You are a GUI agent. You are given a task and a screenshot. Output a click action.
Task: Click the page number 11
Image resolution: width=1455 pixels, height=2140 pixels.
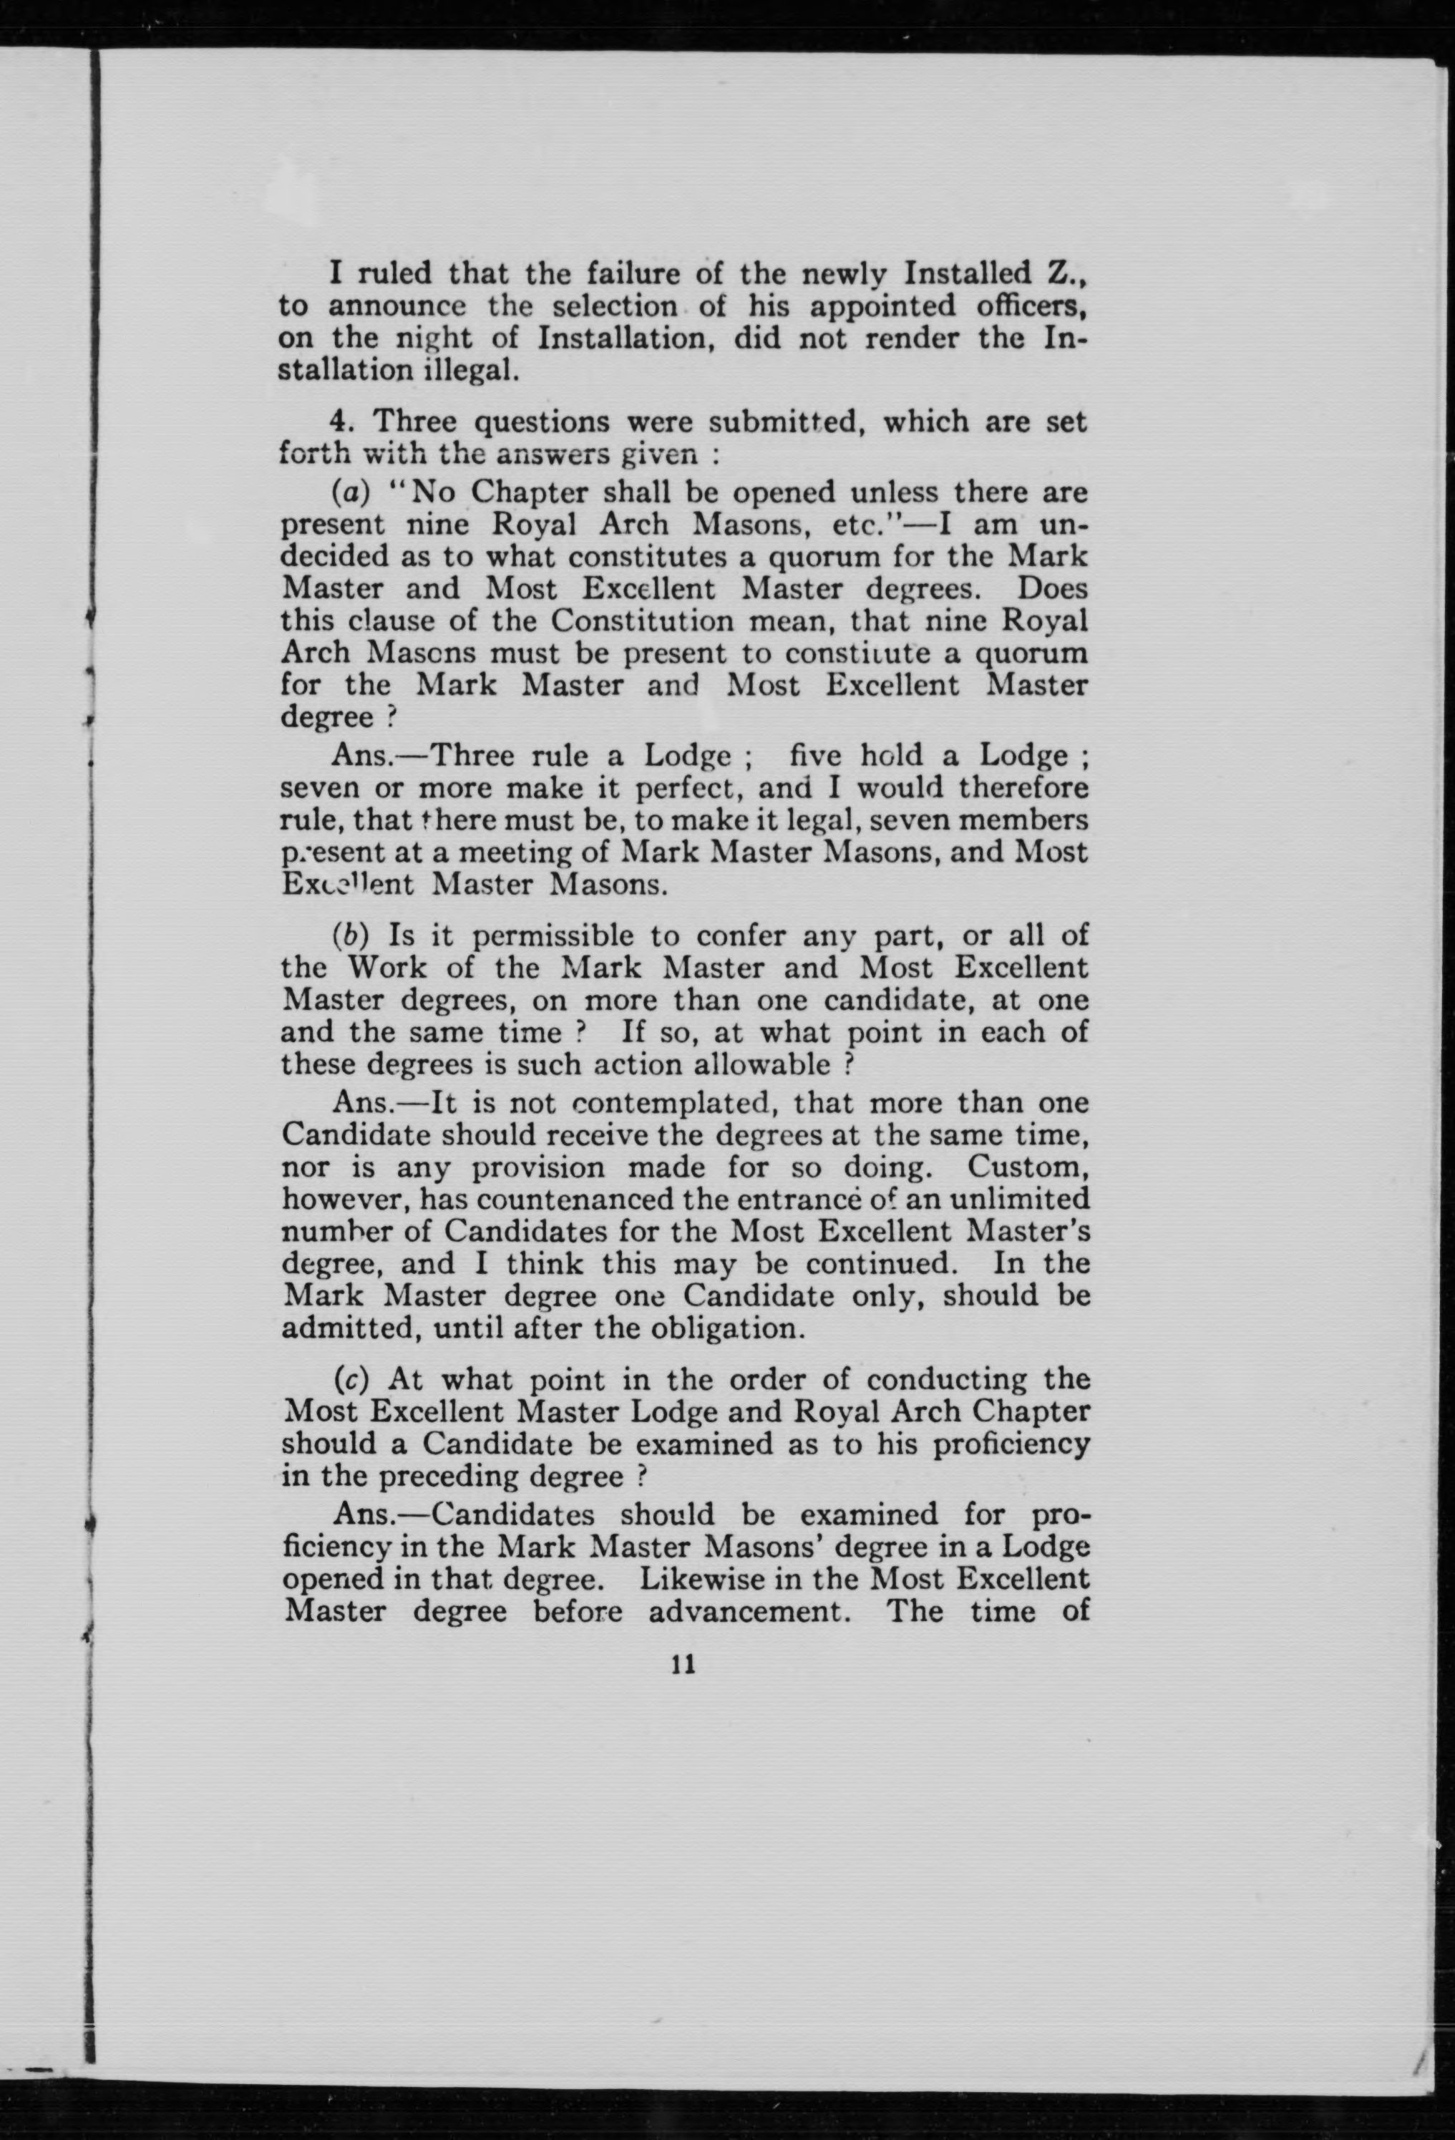click(x=683, y=1664)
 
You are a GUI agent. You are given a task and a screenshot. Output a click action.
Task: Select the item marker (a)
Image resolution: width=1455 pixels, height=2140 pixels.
click(x=350, y=492)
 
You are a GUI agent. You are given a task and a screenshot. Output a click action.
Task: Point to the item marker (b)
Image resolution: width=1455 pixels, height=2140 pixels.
click(x=350, y=935)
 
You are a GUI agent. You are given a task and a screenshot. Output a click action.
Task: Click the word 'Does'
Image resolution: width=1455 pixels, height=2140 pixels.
click(x=1053, y=588)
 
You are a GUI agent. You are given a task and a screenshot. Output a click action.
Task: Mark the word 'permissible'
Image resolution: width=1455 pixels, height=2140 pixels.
click(x=550, y=935)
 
